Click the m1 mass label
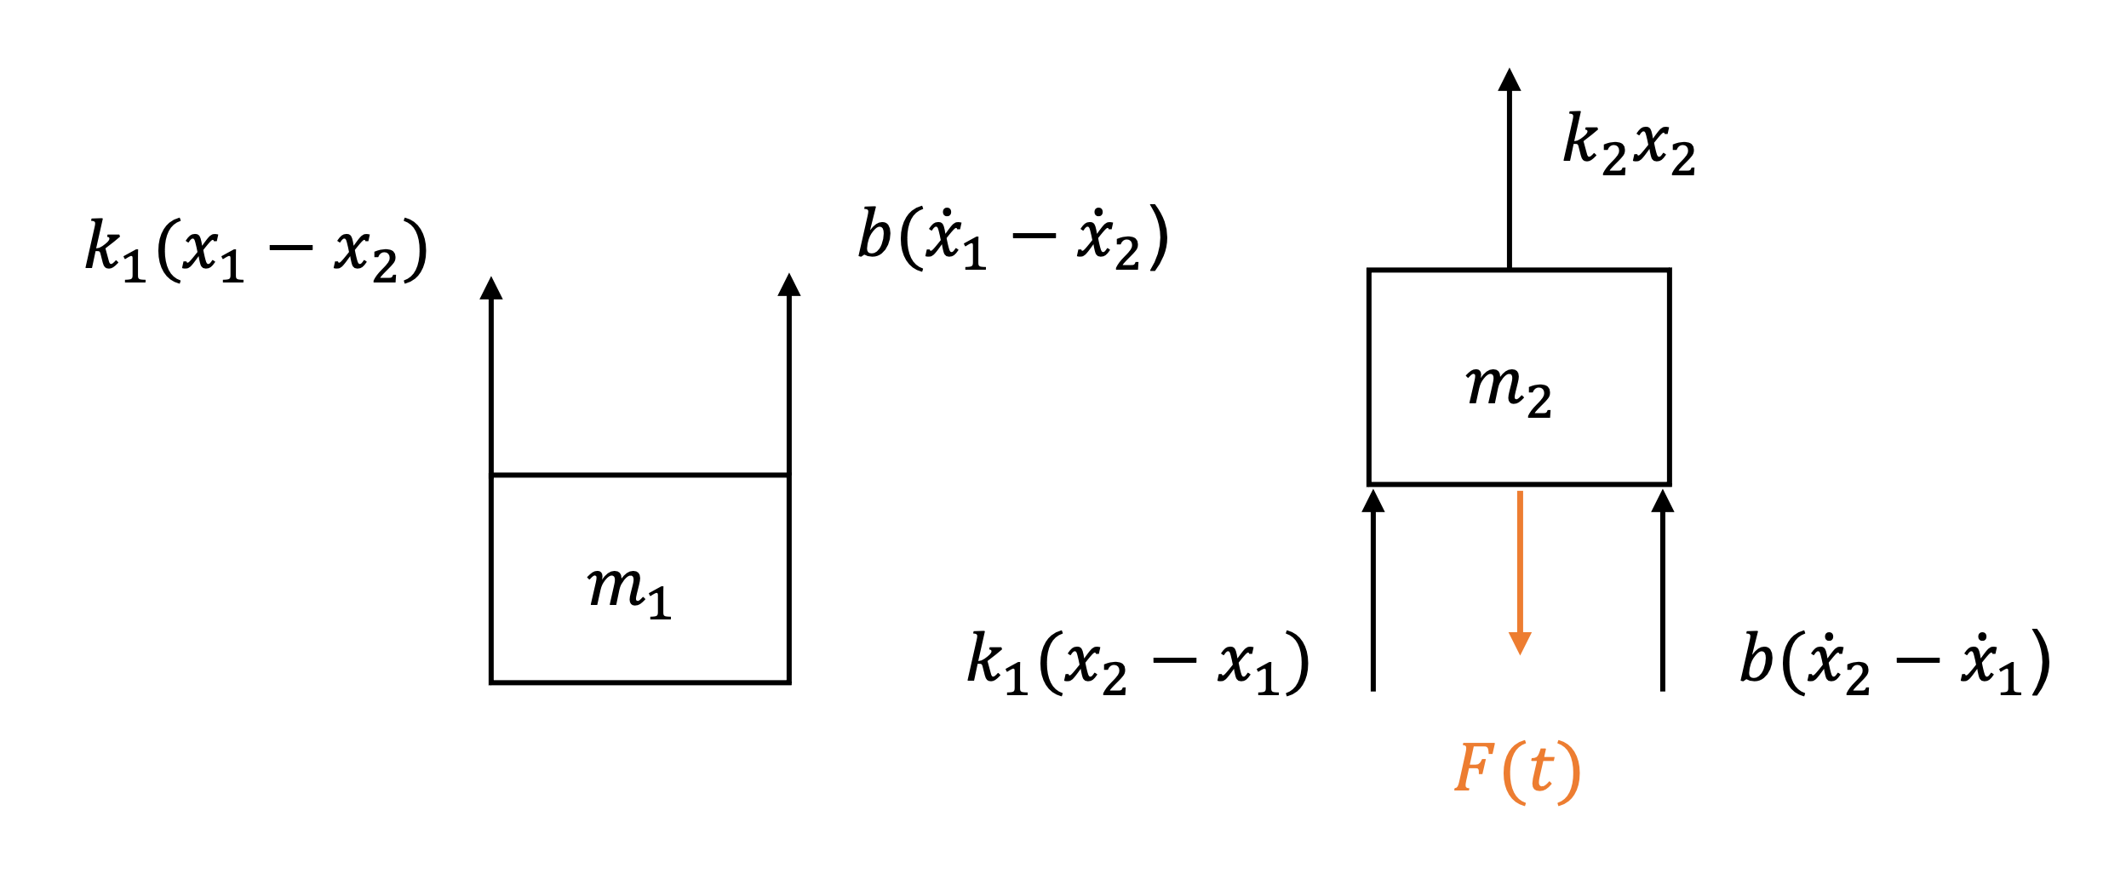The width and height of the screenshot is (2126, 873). pyautogui.click(x=629, y=591)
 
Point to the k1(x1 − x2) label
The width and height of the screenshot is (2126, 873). pyautogui.click(x=255, y=250)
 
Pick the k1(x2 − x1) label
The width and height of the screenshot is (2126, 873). pyautogui.click(x=1137, y=663)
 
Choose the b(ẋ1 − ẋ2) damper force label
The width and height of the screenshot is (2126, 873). pyautogui.click(x=1013, y=237)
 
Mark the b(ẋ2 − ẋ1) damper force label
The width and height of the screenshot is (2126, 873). pyautogui.click(x=1894, y=663)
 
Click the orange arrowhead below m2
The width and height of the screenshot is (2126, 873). pyautogui.click(x=1520, y=642)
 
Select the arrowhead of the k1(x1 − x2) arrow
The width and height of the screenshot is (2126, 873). pyautogui.click(x=491, y=289)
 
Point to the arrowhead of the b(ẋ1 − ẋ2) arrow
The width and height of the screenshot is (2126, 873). pyautogui.click(x=789, y=286)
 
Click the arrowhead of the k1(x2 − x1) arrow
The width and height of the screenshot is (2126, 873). pyautogui.click(x=1373, y=502)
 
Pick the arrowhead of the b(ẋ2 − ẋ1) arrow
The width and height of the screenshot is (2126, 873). pyautogui.click(x=1663, y=502)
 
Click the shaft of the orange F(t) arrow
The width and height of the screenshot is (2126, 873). pyautogui.click(x=1520, y=562)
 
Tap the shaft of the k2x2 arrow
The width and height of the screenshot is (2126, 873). pyautogui.click(x=1510, y=179)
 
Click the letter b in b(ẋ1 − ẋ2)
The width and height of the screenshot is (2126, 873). pyautogui.click(x=874, y=234)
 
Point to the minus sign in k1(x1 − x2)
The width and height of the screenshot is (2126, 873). pyautogui.click(x=291, y=248)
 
